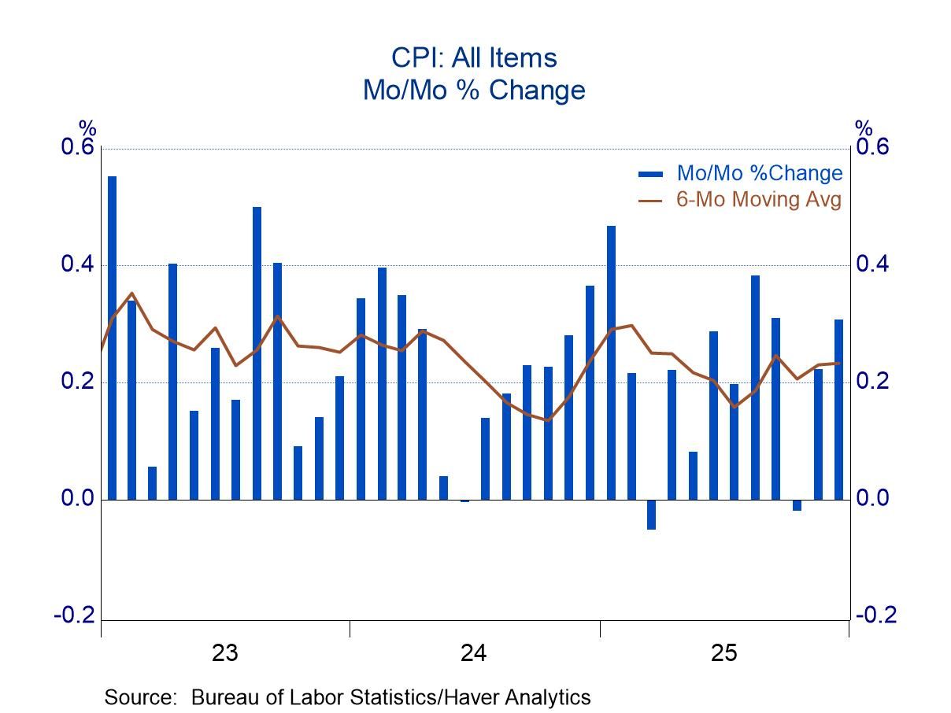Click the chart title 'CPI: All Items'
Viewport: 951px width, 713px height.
point(474,57)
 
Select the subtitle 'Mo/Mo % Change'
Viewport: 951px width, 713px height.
point(474,90)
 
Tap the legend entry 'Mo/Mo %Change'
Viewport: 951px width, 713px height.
point(759,173)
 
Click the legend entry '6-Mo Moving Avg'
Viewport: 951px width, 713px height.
point(759,199)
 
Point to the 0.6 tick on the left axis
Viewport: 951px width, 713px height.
point(77,148)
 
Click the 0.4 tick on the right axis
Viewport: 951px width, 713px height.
point(875,265)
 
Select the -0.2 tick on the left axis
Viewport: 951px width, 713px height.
point(74,615)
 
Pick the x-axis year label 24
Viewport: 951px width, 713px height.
point(474,653)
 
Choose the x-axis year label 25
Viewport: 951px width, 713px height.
point(724,653)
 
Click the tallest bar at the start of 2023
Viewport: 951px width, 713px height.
point(112,338)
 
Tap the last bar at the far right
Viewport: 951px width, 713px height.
point(838,409)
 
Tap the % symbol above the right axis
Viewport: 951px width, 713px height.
point(864,128)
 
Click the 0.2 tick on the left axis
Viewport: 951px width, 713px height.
point(77,382)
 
